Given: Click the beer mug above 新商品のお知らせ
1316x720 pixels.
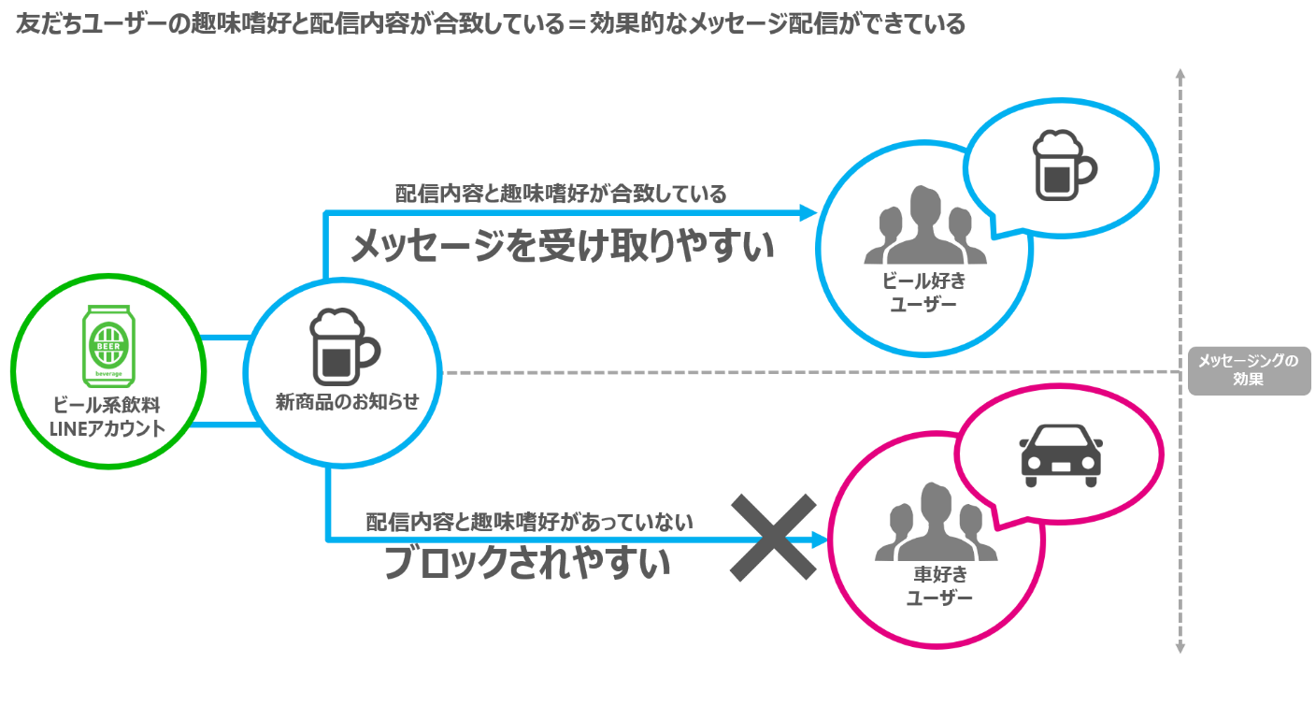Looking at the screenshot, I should [x=341, y=347].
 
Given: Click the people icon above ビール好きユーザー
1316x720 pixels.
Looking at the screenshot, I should [x=924, y=225].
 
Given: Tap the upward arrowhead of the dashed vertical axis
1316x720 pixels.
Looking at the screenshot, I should [x=1180, y=74].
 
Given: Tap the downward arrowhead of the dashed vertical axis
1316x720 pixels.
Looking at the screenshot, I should [x=1180, y=647].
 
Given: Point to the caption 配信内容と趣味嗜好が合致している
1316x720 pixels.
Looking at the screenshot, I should [x=561, y=194].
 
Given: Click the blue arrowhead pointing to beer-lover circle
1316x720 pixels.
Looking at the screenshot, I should [x=809, y=213].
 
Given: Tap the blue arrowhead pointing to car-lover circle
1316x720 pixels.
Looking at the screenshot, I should [x=821, y=540].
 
